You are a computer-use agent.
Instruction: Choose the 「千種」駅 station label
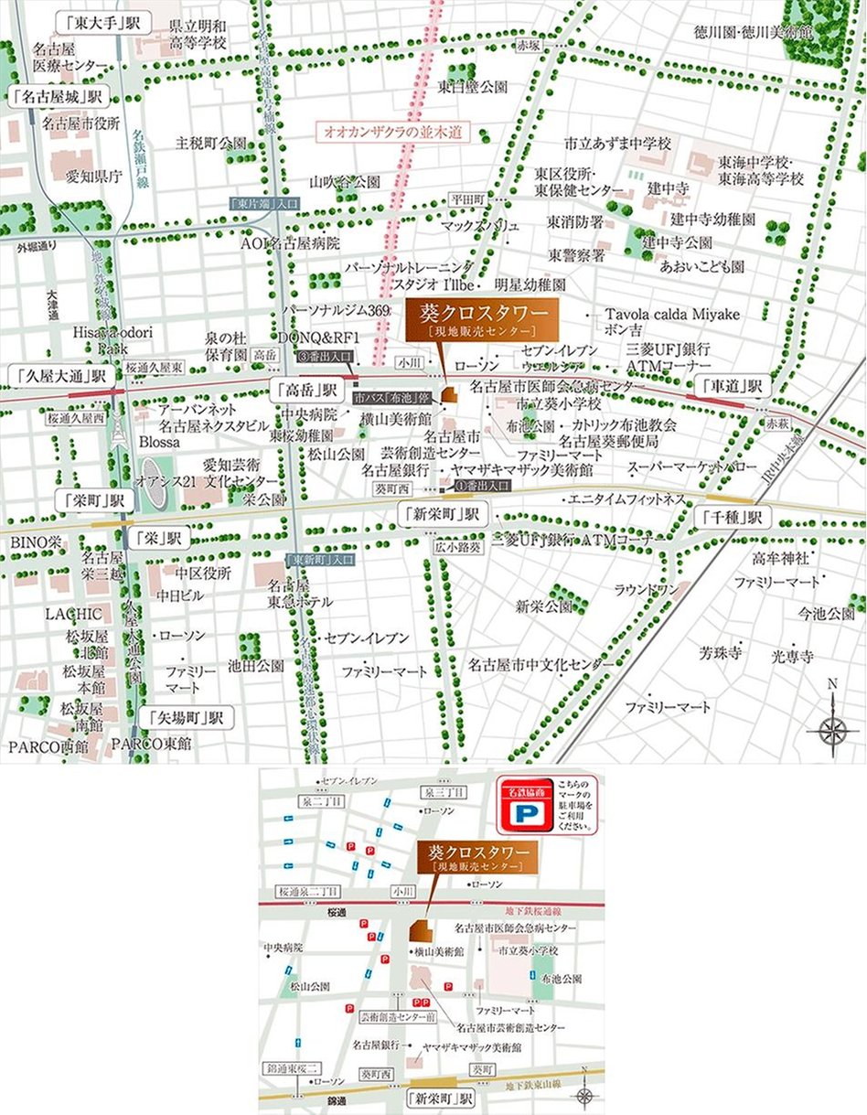(x=731, y=517)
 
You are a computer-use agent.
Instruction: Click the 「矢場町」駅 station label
(x=188, y=717)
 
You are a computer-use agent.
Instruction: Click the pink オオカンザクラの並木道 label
(x=391, y=133)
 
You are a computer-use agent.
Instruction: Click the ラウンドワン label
(x=646, y=590)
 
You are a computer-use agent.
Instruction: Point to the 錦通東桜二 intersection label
(x=291, y=1067)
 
